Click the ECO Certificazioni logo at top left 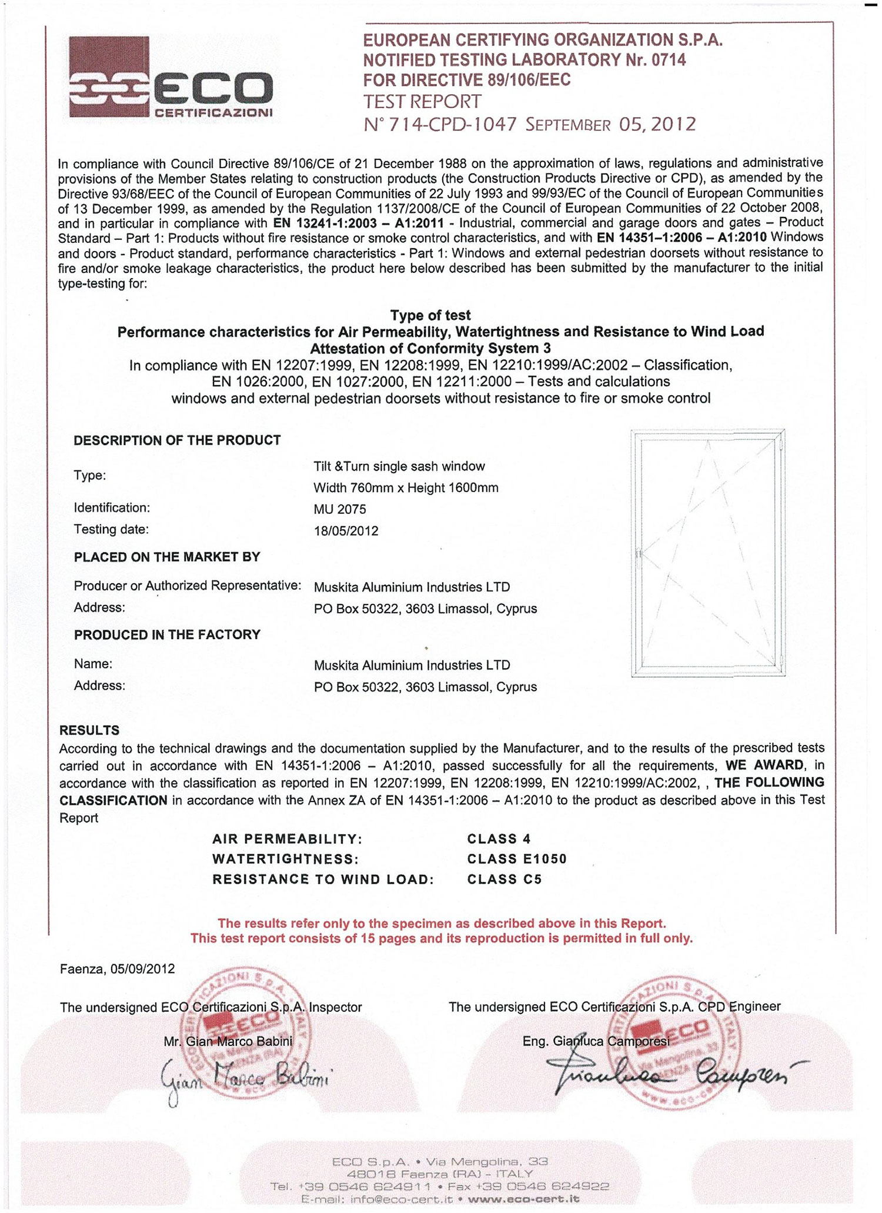(171, 78)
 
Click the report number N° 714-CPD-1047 (440, 124)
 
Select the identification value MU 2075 (339, 509)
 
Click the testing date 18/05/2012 (346, 531)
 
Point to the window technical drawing (708, 553)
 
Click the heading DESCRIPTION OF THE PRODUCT (177, 440)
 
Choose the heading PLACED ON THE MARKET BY (167, 557)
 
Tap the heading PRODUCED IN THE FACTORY (167, 634)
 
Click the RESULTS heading (89, 730)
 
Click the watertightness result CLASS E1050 (517, 859)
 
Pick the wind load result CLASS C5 (504, 880)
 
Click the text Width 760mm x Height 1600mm (406, 487)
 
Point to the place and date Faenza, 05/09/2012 (118, 968)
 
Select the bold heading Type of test (430, 315)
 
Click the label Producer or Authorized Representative (188, 586)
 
